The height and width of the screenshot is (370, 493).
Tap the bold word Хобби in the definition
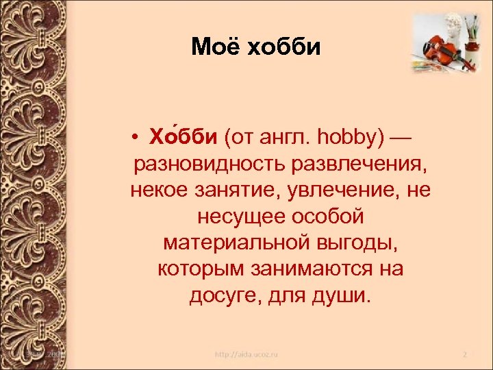[181, 139]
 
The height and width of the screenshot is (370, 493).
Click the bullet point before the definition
[138, 140]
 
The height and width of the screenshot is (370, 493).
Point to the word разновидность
[210, 164]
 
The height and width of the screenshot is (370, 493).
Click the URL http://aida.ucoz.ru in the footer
[247, 355]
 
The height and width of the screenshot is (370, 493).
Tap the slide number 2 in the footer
[464, 355]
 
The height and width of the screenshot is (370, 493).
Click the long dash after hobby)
[400, 139]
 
